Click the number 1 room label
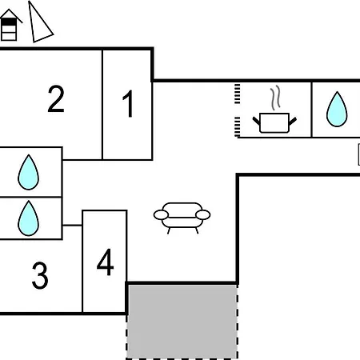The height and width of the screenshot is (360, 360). (x=128, y=103)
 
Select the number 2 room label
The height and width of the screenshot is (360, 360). (x=56, y=99)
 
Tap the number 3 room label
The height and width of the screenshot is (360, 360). (x=40, y=275)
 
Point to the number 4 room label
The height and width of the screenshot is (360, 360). (x=106, y=262)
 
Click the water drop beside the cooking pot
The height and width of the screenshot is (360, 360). (x=337, y=109)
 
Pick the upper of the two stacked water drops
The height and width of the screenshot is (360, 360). (x=28, y=172)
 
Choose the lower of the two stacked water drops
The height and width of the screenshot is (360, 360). (x=28, y=218)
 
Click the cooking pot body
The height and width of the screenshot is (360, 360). (x=274, y=123)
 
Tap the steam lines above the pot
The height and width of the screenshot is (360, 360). (x=275, y=98)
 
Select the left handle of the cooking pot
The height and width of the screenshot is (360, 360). (x=256, y=121)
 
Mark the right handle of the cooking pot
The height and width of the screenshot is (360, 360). (x=293, y=121)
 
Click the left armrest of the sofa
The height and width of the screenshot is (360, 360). (x=161, y=215)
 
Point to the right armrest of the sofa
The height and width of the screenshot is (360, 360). (x=203, y=214)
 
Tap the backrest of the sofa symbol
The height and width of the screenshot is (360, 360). (x=182, y=206)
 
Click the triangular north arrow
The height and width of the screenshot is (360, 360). (x=39, y=22)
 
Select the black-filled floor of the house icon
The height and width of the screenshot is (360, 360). (x=9, y=22)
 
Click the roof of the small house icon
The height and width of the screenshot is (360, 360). (x=10, y=15)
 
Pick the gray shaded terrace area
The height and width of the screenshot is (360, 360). (x=182, y=322)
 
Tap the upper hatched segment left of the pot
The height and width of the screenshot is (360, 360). (x=237, y=94)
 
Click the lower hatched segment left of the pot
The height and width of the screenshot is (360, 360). (x=237, y=127)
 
